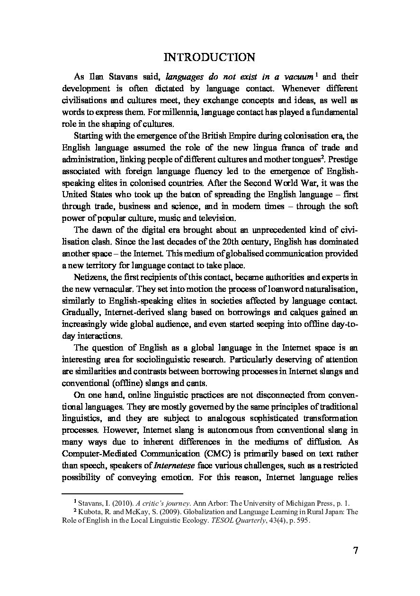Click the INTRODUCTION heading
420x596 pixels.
point(209,58)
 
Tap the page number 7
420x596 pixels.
point(355,550)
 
